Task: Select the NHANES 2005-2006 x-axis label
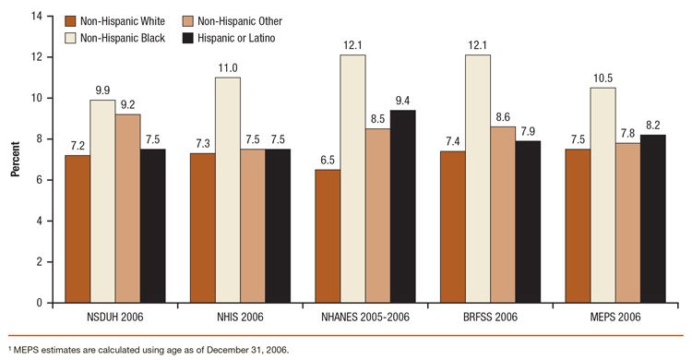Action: (x=364, y=318)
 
